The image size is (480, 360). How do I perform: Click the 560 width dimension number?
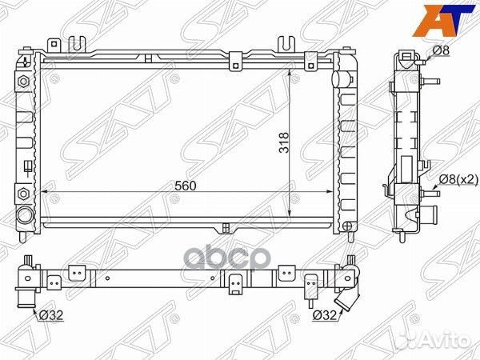(185, 186)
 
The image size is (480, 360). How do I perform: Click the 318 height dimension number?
(284, 142)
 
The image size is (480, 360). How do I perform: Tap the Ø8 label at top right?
(441, 50)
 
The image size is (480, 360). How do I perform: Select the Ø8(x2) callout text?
(458, 180)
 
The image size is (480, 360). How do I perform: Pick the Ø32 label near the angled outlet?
(324, 315)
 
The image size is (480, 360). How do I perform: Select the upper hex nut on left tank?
(23, 82)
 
